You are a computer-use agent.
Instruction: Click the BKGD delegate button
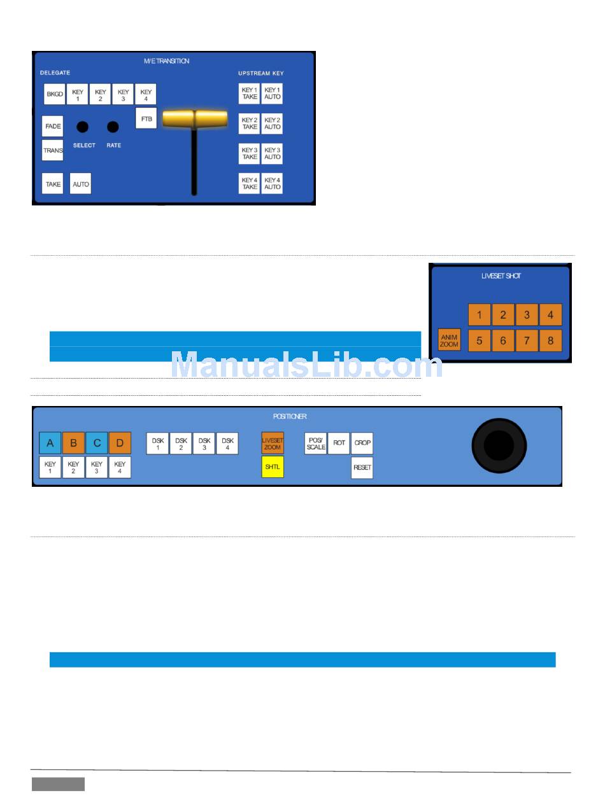coord(54,95)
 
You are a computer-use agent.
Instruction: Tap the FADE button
coord(53,126)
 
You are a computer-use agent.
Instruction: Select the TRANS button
coord(53,151)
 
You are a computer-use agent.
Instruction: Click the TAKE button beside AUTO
coord(53,184)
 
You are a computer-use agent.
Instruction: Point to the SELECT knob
coord(82,127)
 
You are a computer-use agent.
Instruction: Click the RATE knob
coord(113,127)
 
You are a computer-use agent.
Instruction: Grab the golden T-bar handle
coord(194,119)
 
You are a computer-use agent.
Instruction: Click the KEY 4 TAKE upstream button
coord(250,183)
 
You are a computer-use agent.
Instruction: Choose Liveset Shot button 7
coord(527,340)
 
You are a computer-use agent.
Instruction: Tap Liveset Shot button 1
coord(479,315)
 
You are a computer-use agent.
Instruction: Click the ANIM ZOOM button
coord(449,340)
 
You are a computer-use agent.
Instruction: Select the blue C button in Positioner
coord(97,443)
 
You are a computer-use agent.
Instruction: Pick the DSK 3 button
coord(204,444)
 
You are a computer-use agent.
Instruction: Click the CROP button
coord(362,443)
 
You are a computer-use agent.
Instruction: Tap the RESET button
coord(362,468)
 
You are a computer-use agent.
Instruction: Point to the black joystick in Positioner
coord(499,445)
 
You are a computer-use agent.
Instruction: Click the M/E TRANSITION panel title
coord(166,61)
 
